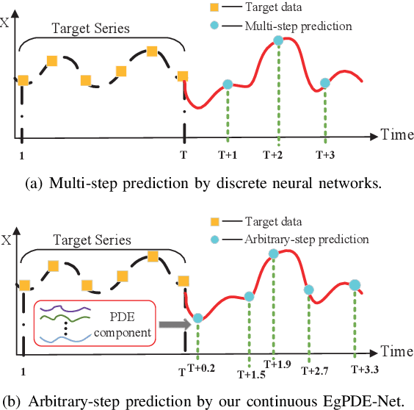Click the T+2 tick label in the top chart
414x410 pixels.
tap(279, 155)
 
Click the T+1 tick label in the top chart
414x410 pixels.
tap(228, 155)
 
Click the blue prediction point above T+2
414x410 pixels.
tap(279, 41)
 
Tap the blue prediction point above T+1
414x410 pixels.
tap(228, 85)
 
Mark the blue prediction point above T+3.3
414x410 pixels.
tap(355, 284)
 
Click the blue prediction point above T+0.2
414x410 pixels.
tap(198, 319)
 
